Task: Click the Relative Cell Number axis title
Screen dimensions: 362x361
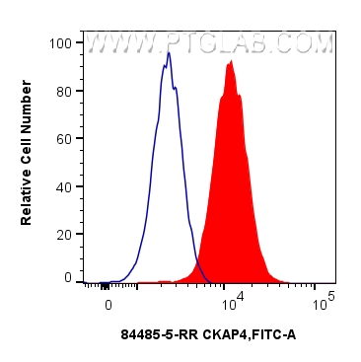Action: click(27, 161)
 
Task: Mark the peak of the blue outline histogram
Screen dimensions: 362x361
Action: click(169, 53)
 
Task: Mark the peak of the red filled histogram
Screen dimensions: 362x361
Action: click(230, 62)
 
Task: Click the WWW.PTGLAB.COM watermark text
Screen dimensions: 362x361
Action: click(209, 44)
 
